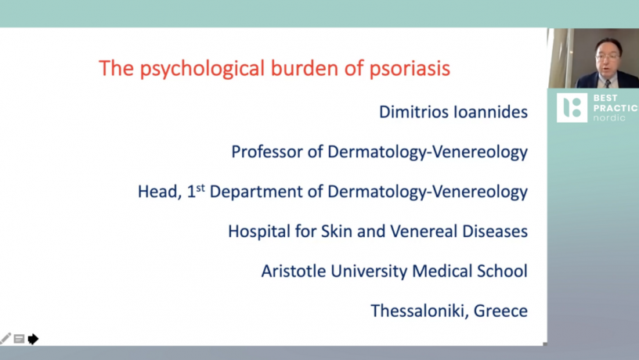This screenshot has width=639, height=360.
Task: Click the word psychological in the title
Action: pos(203,69)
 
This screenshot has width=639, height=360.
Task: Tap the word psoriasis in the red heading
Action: pos(410,68)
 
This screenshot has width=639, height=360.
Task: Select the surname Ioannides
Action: pos(491,112)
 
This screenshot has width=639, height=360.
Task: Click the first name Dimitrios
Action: pos(413,112)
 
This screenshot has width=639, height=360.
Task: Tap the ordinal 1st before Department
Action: pos(196,191)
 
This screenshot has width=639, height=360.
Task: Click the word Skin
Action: pos(337,232)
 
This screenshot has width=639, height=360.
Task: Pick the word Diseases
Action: pos(495,232)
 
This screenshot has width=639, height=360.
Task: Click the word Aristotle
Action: pos(294,272)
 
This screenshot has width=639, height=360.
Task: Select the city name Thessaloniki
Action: pos(420,311)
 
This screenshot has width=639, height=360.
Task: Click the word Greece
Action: pos(501,311)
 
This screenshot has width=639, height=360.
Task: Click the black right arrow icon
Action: pos(34,339)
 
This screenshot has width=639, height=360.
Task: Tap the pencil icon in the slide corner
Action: pos(5,338)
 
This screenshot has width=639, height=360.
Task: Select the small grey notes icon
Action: pos(19,339)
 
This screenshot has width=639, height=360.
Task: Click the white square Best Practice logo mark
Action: pos(572,108)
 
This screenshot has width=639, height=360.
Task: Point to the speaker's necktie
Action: pos(608,84)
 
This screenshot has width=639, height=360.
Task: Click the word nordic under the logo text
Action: pos(608,118)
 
